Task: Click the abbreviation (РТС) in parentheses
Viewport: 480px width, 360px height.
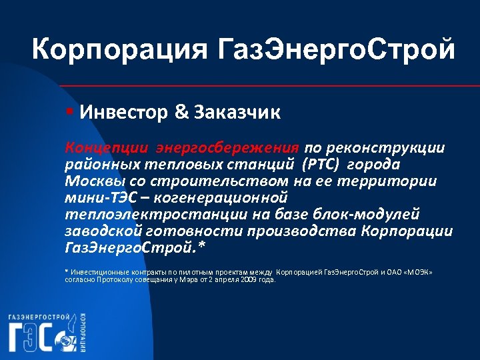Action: pos(323,164)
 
